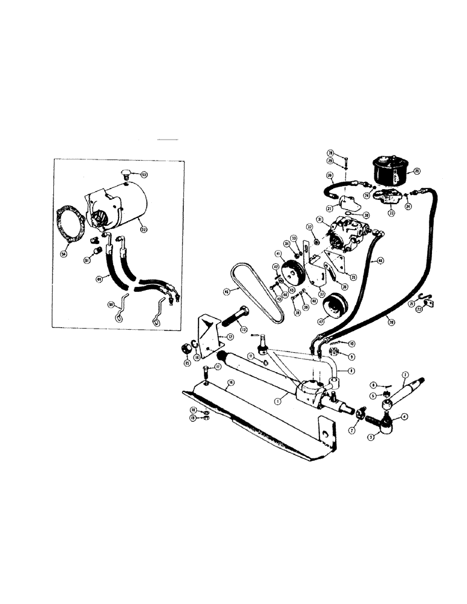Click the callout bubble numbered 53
click(144, 175)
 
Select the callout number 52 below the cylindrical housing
click(142, 228)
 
